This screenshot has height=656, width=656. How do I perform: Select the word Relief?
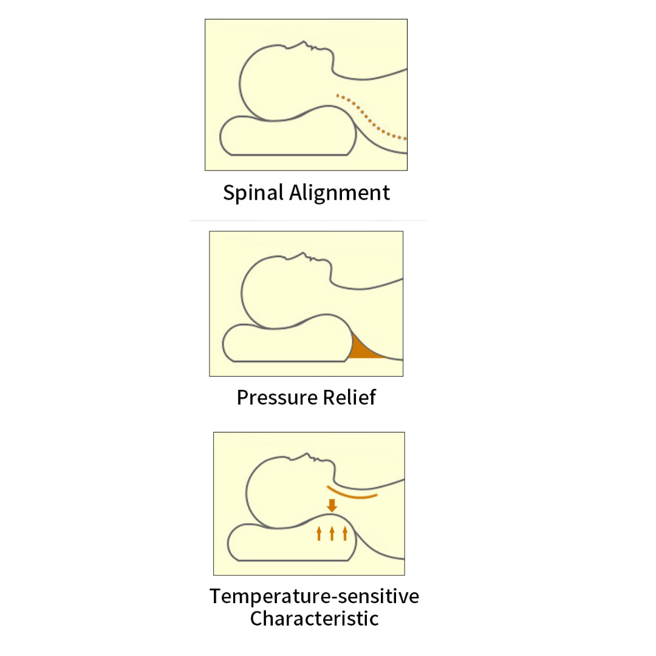[x=352, y=397]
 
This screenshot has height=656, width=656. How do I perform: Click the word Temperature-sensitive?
[x=314, y=596]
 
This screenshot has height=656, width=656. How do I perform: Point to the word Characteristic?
[x=314, y=619]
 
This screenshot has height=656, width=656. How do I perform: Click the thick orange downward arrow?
[x=332, y=505]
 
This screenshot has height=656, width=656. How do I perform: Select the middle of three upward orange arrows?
[x=332, y=533]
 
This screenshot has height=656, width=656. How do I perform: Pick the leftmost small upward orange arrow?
[x=319, y=533]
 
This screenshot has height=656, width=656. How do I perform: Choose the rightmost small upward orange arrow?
[x=345, y=533]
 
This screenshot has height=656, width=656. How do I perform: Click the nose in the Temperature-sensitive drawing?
[x=312, y=455]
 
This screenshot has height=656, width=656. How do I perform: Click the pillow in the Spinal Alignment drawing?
[x=285, y=137]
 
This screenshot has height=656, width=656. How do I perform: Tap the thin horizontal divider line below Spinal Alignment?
[x=309, y=220]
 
